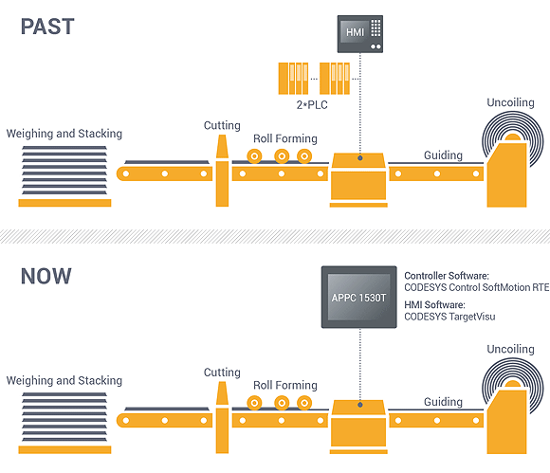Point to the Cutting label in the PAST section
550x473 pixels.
222,125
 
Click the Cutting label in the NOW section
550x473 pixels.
222,373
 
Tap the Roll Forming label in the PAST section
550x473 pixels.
284,138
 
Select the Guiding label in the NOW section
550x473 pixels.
443,402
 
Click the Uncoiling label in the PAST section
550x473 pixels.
511,101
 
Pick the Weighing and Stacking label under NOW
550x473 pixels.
64,381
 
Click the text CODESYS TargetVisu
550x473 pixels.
451,317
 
